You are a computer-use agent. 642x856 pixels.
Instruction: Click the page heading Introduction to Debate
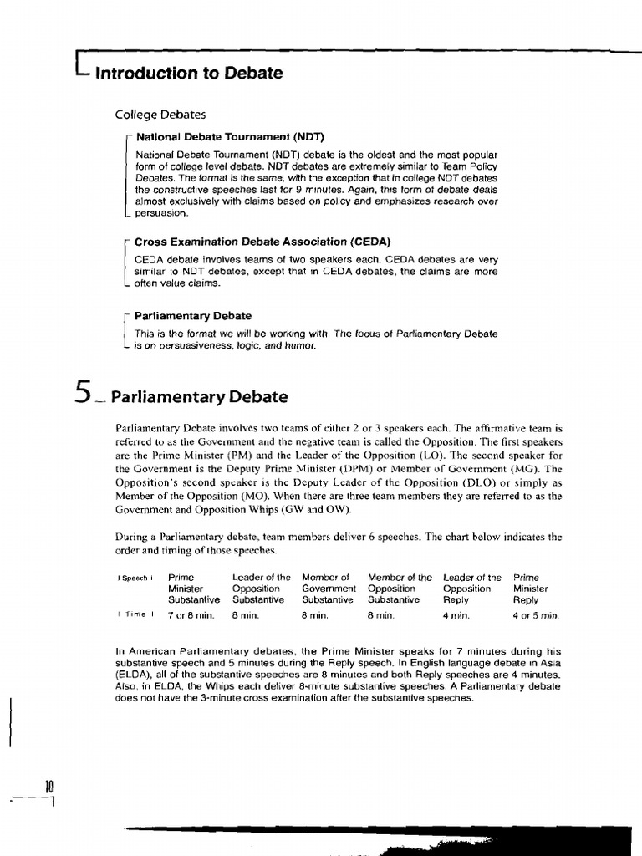(189, 74)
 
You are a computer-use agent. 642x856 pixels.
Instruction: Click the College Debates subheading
(160, 114)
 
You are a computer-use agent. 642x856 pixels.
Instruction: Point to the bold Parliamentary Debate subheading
(193, 316)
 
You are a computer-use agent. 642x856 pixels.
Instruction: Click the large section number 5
(81, 393)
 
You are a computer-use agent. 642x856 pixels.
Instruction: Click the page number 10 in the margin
(49, 785)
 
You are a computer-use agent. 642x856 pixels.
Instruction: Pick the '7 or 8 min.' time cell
(191, 615)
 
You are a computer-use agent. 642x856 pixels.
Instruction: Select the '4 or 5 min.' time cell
(536, 616)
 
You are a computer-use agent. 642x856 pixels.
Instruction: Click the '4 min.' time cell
(456, 615)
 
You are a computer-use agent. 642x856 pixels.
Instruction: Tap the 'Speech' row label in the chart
(135, 578)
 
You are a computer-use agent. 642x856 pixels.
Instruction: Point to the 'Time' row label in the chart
(135, 615)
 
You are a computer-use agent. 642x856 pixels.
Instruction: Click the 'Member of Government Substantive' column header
(329, 588)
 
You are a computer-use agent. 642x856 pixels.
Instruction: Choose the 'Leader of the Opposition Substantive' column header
(261, 588)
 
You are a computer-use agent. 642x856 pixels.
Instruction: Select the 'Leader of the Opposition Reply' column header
(471, 588)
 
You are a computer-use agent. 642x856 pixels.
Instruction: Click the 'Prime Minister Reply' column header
(530, 588)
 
